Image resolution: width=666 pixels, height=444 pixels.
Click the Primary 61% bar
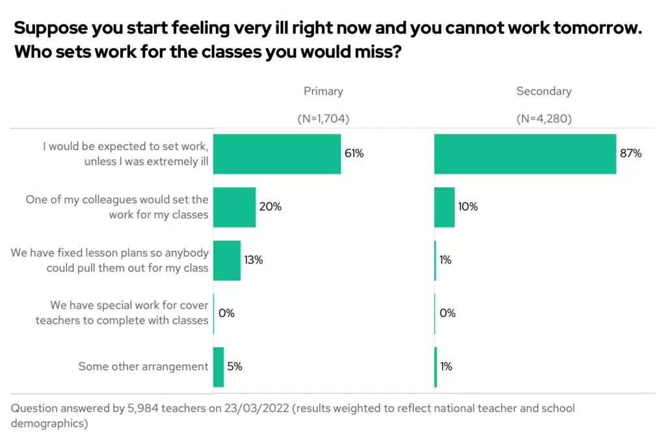[277, 154]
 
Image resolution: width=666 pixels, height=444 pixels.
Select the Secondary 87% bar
[525, 154]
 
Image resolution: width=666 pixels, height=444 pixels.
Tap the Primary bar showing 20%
[234, 207]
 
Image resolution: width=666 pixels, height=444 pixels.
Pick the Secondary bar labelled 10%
[444, 207]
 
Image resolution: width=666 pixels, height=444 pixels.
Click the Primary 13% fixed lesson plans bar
[227, 261]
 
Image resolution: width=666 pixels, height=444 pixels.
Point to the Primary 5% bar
[219, 367]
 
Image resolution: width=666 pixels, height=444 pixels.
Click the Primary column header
[323, 91]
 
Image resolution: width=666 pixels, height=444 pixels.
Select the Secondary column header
[544, 91]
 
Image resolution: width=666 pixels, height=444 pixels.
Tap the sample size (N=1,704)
[323, 119]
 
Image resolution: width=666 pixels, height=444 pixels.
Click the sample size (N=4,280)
[544, 119]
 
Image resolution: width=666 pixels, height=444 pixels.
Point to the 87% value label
[631, 154]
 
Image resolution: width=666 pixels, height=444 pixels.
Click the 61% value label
[354, 154]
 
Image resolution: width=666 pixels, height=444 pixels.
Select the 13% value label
[253, 261]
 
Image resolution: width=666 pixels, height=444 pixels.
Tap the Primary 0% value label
[226, 313]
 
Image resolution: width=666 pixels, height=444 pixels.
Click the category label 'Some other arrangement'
[143, 367]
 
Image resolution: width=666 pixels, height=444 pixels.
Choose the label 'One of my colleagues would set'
[117, 200]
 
